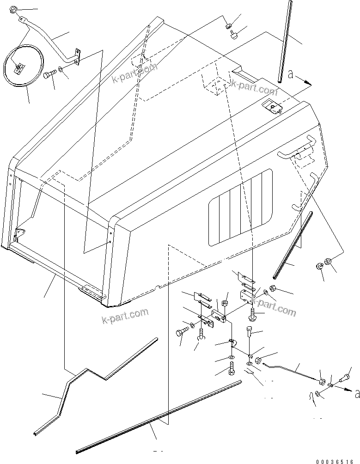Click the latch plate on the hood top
pos(272,107)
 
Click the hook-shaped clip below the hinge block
pos(233,343)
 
